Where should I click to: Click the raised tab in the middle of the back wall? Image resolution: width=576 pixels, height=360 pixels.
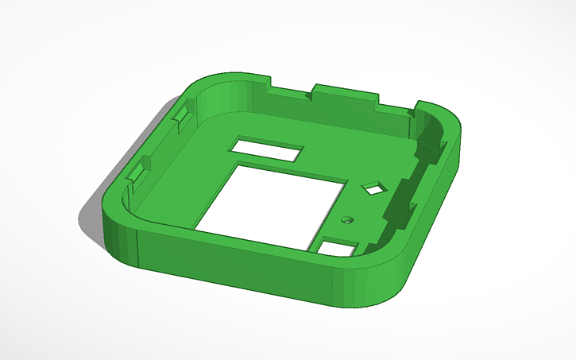[342, 91]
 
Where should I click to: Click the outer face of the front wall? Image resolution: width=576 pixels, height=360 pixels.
[238, 270]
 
